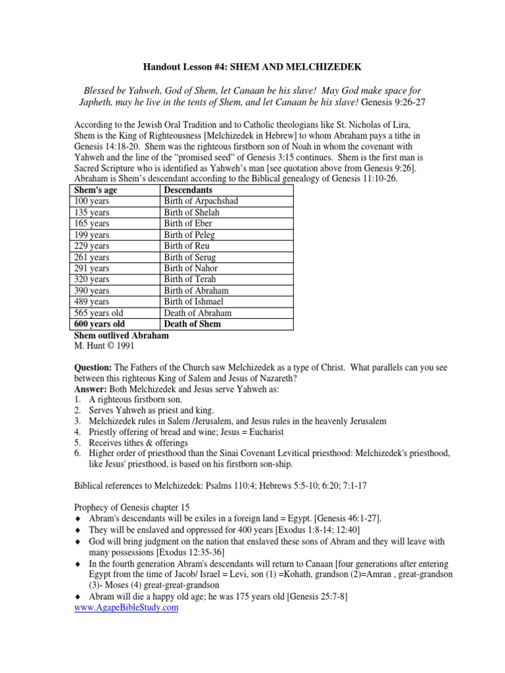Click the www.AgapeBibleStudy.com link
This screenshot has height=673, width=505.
(126, 608)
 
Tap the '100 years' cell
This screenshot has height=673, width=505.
(92, 201)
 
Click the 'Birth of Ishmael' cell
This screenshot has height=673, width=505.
(194, 302)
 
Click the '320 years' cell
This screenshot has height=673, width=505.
(92, 279)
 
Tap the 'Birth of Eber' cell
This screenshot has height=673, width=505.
(188, 223)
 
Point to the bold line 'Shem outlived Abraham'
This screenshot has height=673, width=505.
(122, 335)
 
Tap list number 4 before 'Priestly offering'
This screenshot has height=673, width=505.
(77, 431)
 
